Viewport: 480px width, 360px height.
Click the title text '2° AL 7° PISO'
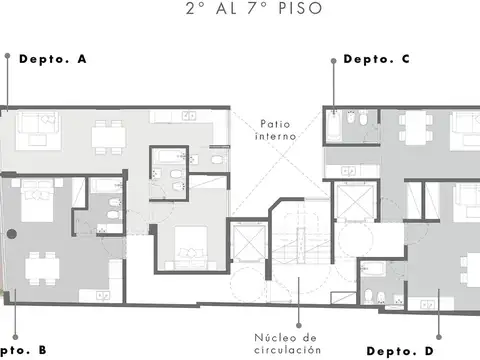coord(240,9)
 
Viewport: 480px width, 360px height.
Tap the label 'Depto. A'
coord(54,60)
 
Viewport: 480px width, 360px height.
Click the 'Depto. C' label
coord(376,59)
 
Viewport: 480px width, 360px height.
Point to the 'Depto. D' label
coord(400,351)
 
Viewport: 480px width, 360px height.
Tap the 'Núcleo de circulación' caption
coord(287,344)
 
